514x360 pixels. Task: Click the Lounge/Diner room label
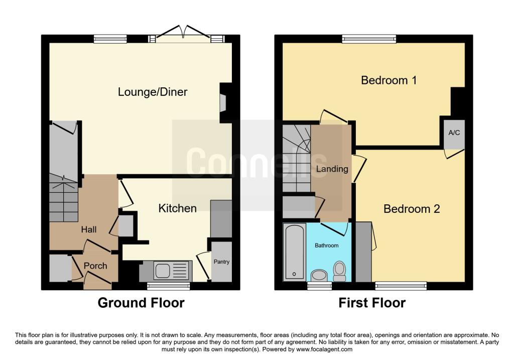coord(153,92)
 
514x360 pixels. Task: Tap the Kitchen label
coord(177,208)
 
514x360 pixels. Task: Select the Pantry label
coord(221,262)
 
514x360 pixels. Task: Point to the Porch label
coord(95,266)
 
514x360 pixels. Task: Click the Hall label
coord(89,229)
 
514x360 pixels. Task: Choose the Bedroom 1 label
coord(389,80)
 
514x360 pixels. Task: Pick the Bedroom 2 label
coord(412,209)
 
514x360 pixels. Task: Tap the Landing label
coord(332,169)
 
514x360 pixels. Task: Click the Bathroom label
coord(326,245)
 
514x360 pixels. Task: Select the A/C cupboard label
coord(454,133)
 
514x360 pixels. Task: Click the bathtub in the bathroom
coord(294,252)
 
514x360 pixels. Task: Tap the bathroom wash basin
coord(319,276)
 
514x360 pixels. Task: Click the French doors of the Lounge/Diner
coord(183,35)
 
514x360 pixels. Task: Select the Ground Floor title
coord(141,303)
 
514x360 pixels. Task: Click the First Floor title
coord(372,303)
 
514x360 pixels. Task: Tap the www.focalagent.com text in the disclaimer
coord(324,349)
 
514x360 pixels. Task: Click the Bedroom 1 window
coord(369,39)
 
